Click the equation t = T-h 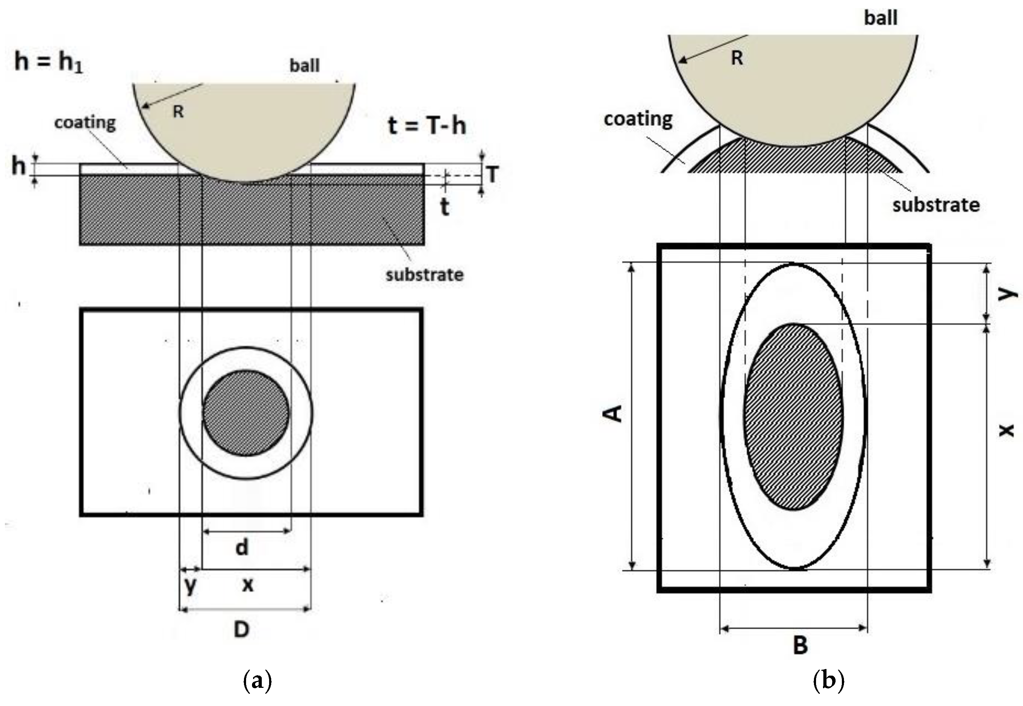tap(427, 125)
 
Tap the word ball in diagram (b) tap(880, 18)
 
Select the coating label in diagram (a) tap(85, 122)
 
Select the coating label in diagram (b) tap(638, 119)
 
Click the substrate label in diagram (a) tap(424, 275)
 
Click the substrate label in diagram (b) tap(936, 205)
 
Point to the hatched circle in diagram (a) tap(246, 413)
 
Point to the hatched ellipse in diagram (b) tap(794, 417)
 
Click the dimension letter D tap(242, 630)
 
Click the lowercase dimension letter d tap(242, 547)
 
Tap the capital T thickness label tap(492, 174)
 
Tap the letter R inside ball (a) tap(178, 111)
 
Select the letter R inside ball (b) tap(736, 58)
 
